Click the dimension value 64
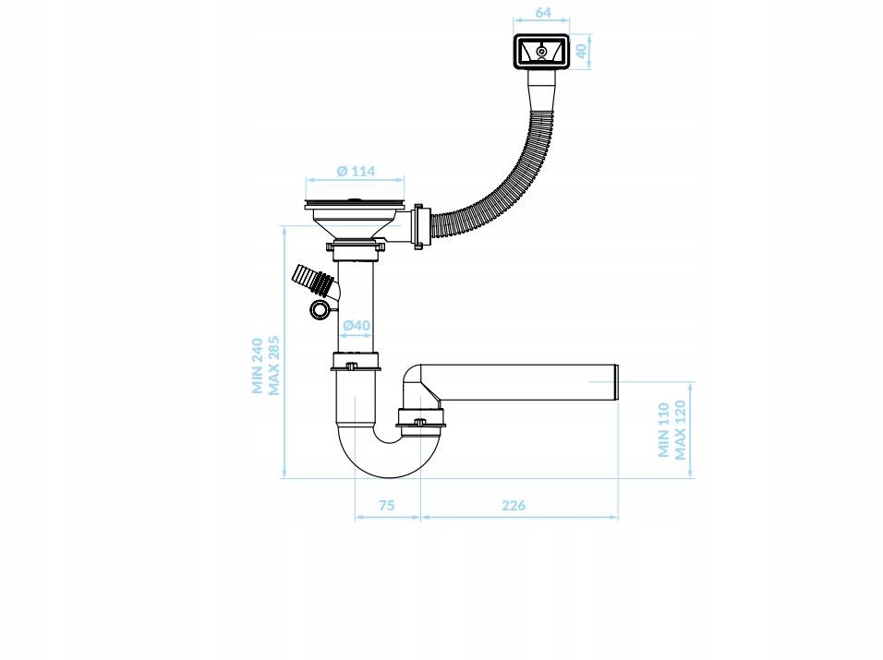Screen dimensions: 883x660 [542, 12]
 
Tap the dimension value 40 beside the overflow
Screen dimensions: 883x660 [581, 51]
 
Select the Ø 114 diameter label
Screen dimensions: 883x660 [356, 171]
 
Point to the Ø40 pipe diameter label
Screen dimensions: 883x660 [357, 325]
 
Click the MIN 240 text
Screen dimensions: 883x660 [258, 366]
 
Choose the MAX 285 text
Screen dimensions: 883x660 [273, 366]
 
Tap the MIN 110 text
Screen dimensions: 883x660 [664, 430]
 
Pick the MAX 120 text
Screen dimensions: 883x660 [681, 430]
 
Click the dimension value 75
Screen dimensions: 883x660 [386, 505]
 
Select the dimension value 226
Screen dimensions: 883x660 [514, 505]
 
